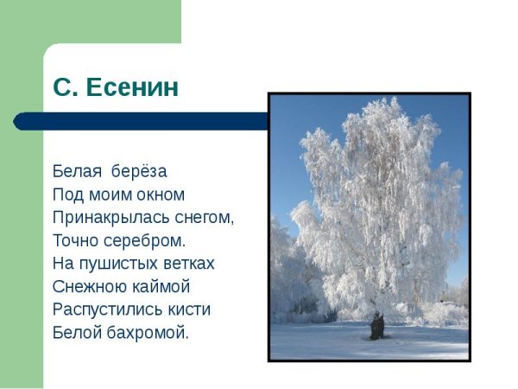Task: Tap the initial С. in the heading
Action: pos(66,87)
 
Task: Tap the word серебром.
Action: pos(140,240)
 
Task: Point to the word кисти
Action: pos(184,309)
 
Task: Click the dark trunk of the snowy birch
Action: pos(376,327)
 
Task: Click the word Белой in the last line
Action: pos(76,332)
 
